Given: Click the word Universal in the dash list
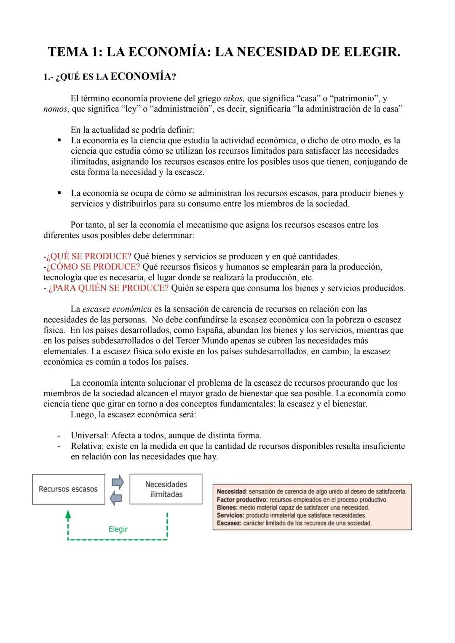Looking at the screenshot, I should pos(89,435).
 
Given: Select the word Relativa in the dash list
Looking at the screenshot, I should pos(87,446).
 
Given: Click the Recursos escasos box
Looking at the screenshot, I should pos(68,489).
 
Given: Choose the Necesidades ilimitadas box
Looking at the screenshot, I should pos(166,489).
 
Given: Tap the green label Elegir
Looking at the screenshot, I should pos(118,529).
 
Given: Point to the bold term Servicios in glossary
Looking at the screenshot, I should pos(230,515).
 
